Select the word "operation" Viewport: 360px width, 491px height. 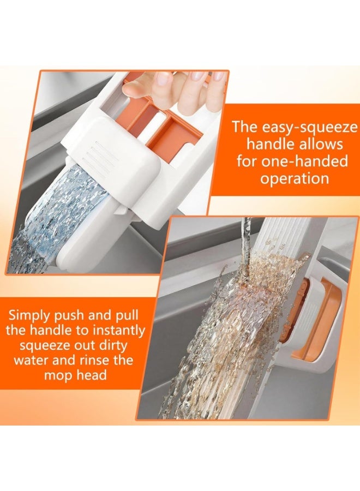tap(294, 179)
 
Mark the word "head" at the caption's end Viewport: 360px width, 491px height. tap(91, 375)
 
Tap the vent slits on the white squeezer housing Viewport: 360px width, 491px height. tap(104, 156)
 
